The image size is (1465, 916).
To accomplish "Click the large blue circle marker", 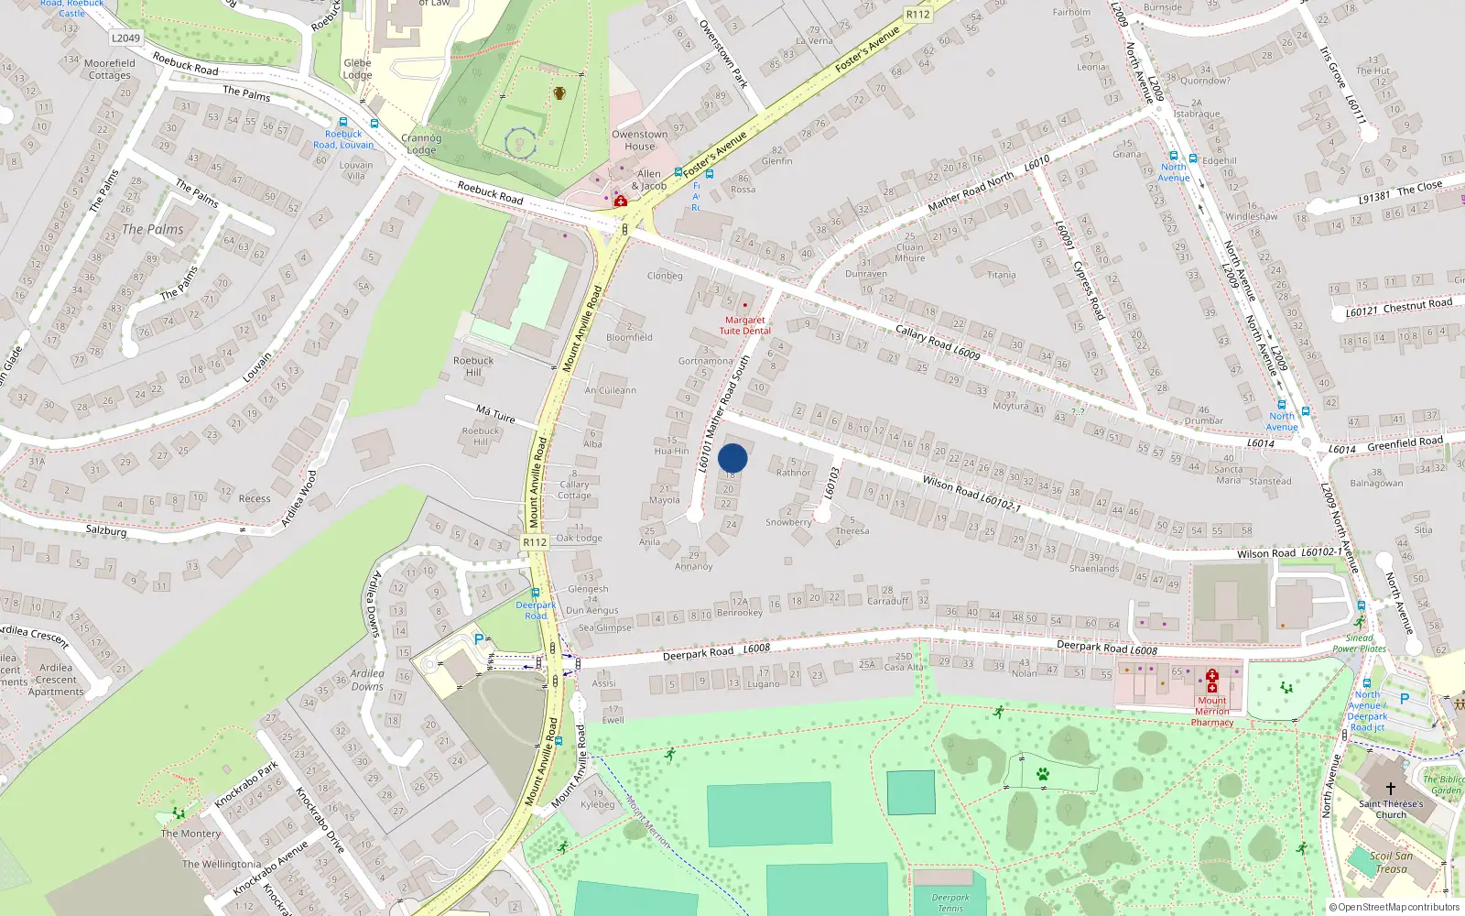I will (x=732, y=458).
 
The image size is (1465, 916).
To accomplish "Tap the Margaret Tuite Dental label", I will (x=744, y=325).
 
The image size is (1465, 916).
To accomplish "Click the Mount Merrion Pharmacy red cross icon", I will (x=1212, y=680).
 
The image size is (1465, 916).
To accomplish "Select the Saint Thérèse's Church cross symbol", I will (x=1390, y=788).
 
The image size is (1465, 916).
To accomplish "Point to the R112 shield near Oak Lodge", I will (x=535, y=542).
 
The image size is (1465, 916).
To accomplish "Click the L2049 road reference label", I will (x=125, y=38).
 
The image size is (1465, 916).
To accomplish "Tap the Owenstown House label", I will (x=640, y=140).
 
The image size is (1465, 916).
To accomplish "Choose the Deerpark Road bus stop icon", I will (x=536, y=594).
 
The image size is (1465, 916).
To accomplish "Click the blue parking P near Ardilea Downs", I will (x=478, y=639).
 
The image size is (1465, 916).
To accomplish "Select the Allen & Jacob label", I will (x=649, y=180).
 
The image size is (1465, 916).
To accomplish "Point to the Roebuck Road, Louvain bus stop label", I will (x=343, y=139).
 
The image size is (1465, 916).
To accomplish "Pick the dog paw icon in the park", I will (x=1042, y=774).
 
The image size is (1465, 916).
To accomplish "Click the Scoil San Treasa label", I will (x=1391, y=863).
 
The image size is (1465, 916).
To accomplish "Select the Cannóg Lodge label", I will (x=421, y=144).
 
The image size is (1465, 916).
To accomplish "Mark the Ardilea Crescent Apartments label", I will (x=56, y=680).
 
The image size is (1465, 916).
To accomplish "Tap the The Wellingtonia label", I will (x=222, y=864).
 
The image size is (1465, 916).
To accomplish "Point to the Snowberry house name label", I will (x=788, y=522).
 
